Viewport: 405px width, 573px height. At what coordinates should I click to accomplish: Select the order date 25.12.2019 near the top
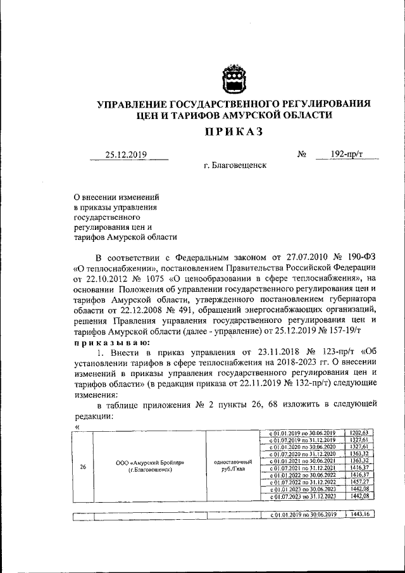coord(126,154)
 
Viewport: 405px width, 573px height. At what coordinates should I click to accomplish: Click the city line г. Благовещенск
coord(235,165)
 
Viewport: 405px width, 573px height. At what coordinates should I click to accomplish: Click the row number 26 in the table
coord(82,467)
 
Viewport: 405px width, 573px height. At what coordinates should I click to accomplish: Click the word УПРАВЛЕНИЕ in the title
coord(130,103)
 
